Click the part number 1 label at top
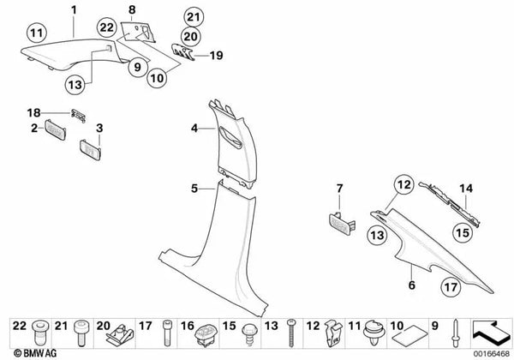[x=74, y=10]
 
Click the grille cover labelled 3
[x=91, y=148]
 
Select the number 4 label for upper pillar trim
[x=194, y=129]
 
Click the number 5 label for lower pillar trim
[x=194, y=186]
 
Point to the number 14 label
[x=466, y=189]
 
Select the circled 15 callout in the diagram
[x=461, y=231]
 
